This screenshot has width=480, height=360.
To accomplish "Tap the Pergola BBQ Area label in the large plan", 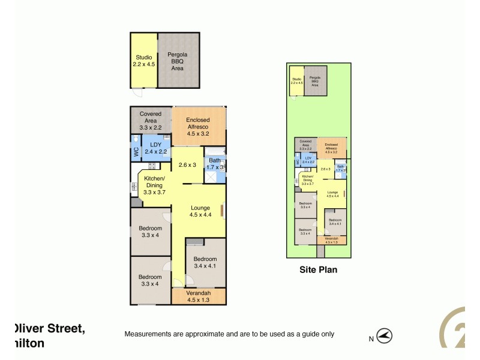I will click(x=178, y=61).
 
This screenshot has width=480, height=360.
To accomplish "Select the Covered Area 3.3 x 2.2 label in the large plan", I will click(x=151, y=120).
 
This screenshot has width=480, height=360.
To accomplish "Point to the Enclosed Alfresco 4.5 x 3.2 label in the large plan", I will click(x=198, y=127).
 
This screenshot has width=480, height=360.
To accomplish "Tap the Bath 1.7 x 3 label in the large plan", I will click(x=214, y=164).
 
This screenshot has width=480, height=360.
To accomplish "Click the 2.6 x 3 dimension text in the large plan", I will click(x=187, y=165).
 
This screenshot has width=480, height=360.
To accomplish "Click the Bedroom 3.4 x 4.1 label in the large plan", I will click(x=205, y=262).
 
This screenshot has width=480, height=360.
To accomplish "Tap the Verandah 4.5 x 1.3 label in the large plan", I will click(x=198, y=296).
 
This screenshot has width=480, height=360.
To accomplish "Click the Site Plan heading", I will click(x=318, y=270).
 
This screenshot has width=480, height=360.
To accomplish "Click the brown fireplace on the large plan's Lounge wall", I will click(x=223, y=211).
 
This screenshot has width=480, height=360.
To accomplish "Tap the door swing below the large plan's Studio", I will click(x=139, y=93).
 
